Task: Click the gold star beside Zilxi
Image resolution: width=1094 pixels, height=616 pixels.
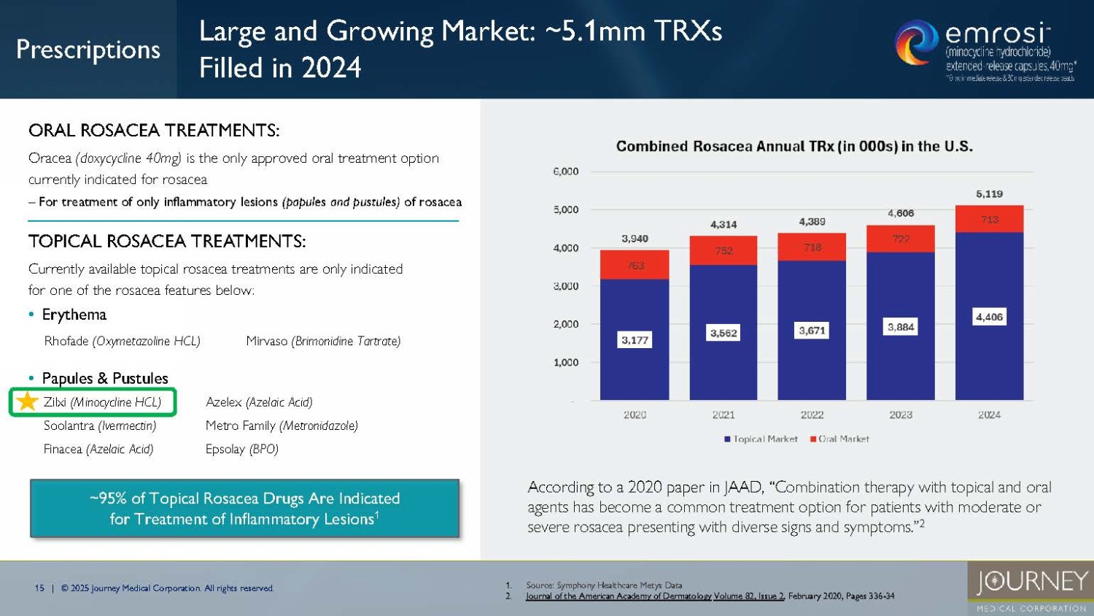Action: (27, 401)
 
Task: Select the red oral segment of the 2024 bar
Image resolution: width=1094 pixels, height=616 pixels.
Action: (989, 219)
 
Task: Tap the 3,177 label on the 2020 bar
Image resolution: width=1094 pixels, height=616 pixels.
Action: (635, 340)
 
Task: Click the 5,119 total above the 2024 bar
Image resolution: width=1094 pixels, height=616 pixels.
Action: (989, 194)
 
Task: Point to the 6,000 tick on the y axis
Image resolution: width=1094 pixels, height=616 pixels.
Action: (566, 172)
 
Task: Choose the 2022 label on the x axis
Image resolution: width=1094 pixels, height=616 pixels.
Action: (812, 415)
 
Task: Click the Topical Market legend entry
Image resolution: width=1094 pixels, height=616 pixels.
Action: (761, 439)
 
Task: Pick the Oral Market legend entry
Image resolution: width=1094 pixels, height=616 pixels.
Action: (839, 439)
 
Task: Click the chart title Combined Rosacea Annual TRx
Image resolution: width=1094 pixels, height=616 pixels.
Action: (794, 146)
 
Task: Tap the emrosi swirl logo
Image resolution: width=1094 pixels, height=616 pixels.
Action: (916, 42)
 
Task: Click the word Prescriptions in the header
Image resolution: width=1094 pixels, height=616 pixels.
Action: (88, 49)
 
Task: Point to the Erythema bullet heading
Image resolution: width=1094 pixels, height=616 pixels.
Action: (74, 315)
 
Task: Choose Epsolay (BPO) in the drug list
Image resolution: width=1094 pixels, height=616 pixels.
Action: (242, 449)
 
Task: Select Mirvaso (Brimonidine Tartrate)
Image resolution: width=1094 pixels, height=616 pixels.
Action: (323, 341)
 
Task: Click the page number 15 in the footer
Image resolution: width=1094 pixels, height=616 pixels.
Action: (39, 588)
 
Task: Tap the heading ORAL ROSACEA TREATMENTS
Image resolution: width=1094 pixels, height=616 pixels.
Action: (154, 131)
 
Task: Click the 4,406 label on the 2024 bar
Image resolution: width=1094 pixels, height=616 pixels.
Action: (989, 317)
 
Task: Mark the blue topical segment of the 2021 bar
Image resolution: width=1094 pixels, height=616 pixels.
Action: (723, 365)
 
